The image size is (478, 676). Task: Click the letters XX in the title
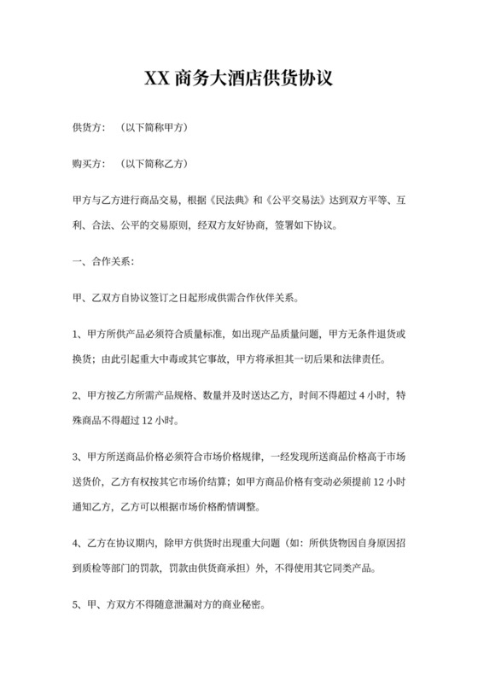click(156, 79)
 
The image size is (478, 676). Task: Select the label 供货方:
click(89, 128)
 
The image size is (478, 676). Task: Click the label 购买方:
click(89, 164)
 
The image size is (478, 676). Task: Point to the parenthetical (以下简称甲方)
click(154, 128)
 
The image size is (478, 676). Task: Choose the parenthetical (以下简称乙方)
click(154, 164)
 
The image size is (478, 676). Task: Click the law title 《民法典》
click(225, 200)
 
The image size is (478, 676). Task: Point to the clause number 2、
click(78, 396)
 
